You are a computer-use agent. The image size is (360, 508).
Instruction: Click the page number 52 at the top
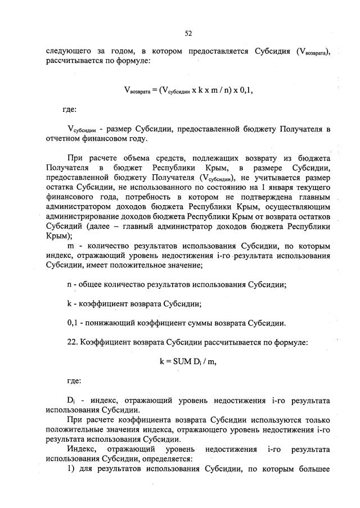[x=188, y=34]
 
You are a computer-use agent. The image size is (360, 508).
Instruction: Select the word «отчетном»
[x=65, y=139]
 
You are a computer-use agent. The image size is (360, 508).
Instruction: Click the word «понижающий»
[x=106, y=323]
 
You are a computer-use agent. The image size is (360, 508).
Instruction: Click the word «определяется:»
[x=172, y=459]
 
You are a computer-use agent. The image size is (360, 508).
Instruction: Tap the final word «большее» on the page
[x=312, y=469]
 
